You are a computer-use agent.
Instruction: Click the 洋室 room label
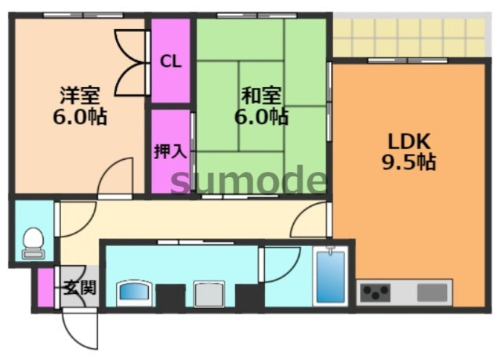[x=79, y=95]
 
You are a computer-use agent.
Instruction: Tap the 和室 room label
[x=262, y=95]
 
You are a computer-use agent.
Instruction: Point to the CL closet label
[x=171, y=61]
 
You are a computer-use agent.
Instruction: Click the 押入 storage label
[x=171, y=152]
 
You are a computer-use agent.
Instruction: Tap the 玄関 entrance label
[x=79, y=287]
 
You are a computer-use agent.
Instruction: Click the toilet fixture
[x=33, y=242]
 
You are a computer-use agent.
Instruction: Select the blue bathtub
[x=330, y=277]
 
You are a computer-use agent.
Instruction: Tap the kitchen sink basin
[x=433, y=292]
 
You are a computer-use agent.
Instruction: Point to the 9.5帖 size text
[x=409, y=162]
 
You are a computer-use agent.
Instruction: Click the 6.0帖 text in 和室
[x=262, y=115]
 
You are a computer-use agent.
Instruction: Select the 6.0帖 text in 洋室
[x=79, y=115]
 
